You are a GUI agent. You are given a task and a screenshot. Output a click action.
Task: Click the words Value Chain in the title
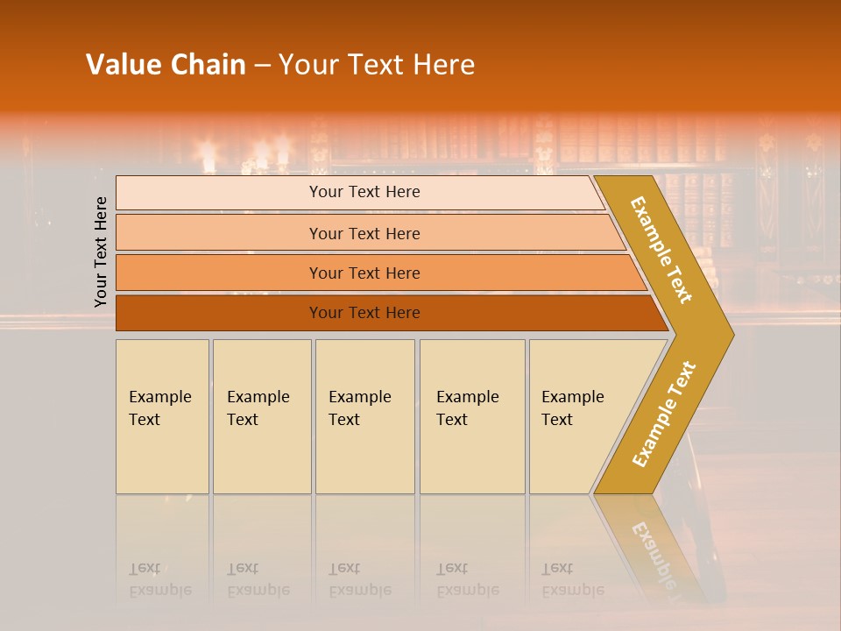[166, 65]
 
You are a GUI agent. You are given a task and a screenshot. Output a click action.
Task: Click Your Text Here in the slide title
[377, 65]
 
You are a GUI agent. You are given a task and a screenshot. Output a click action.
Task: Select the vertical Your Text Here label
[101, 252]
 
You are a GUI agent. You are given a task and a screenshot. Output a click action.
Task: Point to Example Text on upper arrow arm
[661, 250]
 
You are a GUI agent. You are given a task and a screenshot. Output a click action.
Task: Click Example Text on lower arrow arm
[664, 415]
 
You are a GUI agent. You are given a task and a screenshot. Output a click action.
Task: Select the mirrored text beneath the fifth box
[573, 580]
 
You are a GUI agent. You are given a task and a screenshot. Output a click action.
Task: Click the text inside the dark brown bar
[364, 313]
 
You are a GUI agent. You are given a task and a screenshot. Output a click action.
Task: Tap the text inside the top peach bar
[364, 192]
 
